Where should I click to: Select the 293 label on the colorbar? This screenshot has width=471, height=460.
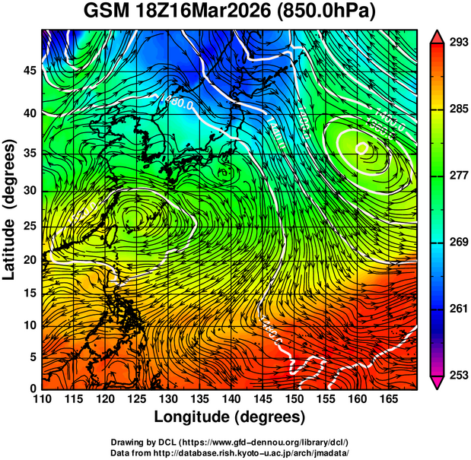coord(457,42)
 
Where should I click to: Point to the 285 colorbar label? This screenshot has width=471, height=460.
coord(457,109)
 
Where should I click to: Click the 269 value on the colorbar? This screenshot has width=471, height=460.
coord(457,242)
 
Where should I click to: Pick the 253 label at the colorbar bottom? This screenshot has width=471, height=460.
coord(457,375)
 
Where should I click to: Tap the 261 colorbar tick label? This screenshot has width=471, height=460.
coord(457,308)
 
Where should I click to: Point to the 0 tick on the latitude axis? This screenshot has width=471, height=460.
coord(33,389)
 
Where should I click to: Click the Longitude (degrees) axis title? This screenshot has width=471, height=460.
coord(230,417)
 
